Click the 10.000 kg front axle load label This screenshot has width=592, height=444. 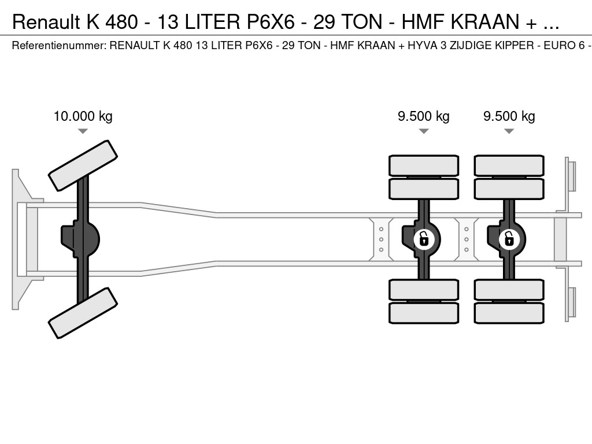pyautogui.click(x=83, y=116)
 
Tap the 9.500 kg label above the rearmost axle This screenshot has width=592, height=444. pyautogui.click(x=509, y=116)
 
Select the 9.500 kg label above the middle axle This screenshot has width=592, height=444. pyautogui.click(x=423, y=116)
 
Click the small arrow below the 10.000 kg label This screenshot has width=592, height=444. pyautogui.click(x=83, y=131)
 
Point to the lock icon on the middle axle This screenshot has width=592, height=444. pyautogui.click(x=424, y=238)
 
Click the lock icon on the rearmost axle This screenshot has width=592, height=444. pyautogui.click(x=509, y=238)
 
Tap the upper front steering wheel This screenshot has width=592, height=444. pyautogui.click(x=83, y=165)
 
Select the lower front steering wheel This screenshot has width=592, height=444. pyautogui.click(x=83, y=313)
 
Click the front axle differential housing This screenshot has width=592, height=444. pyautogui.click(x=81, y=239)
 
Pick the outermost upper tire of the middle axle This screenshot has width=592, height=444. pyautogui.click(x=423, y=165)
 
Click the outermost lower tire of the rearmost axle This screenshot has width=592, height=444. pyautogui.click(x=509, y=313)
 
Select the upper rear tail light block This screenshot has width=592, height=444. pyautogui.click(x=572, y=176)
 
